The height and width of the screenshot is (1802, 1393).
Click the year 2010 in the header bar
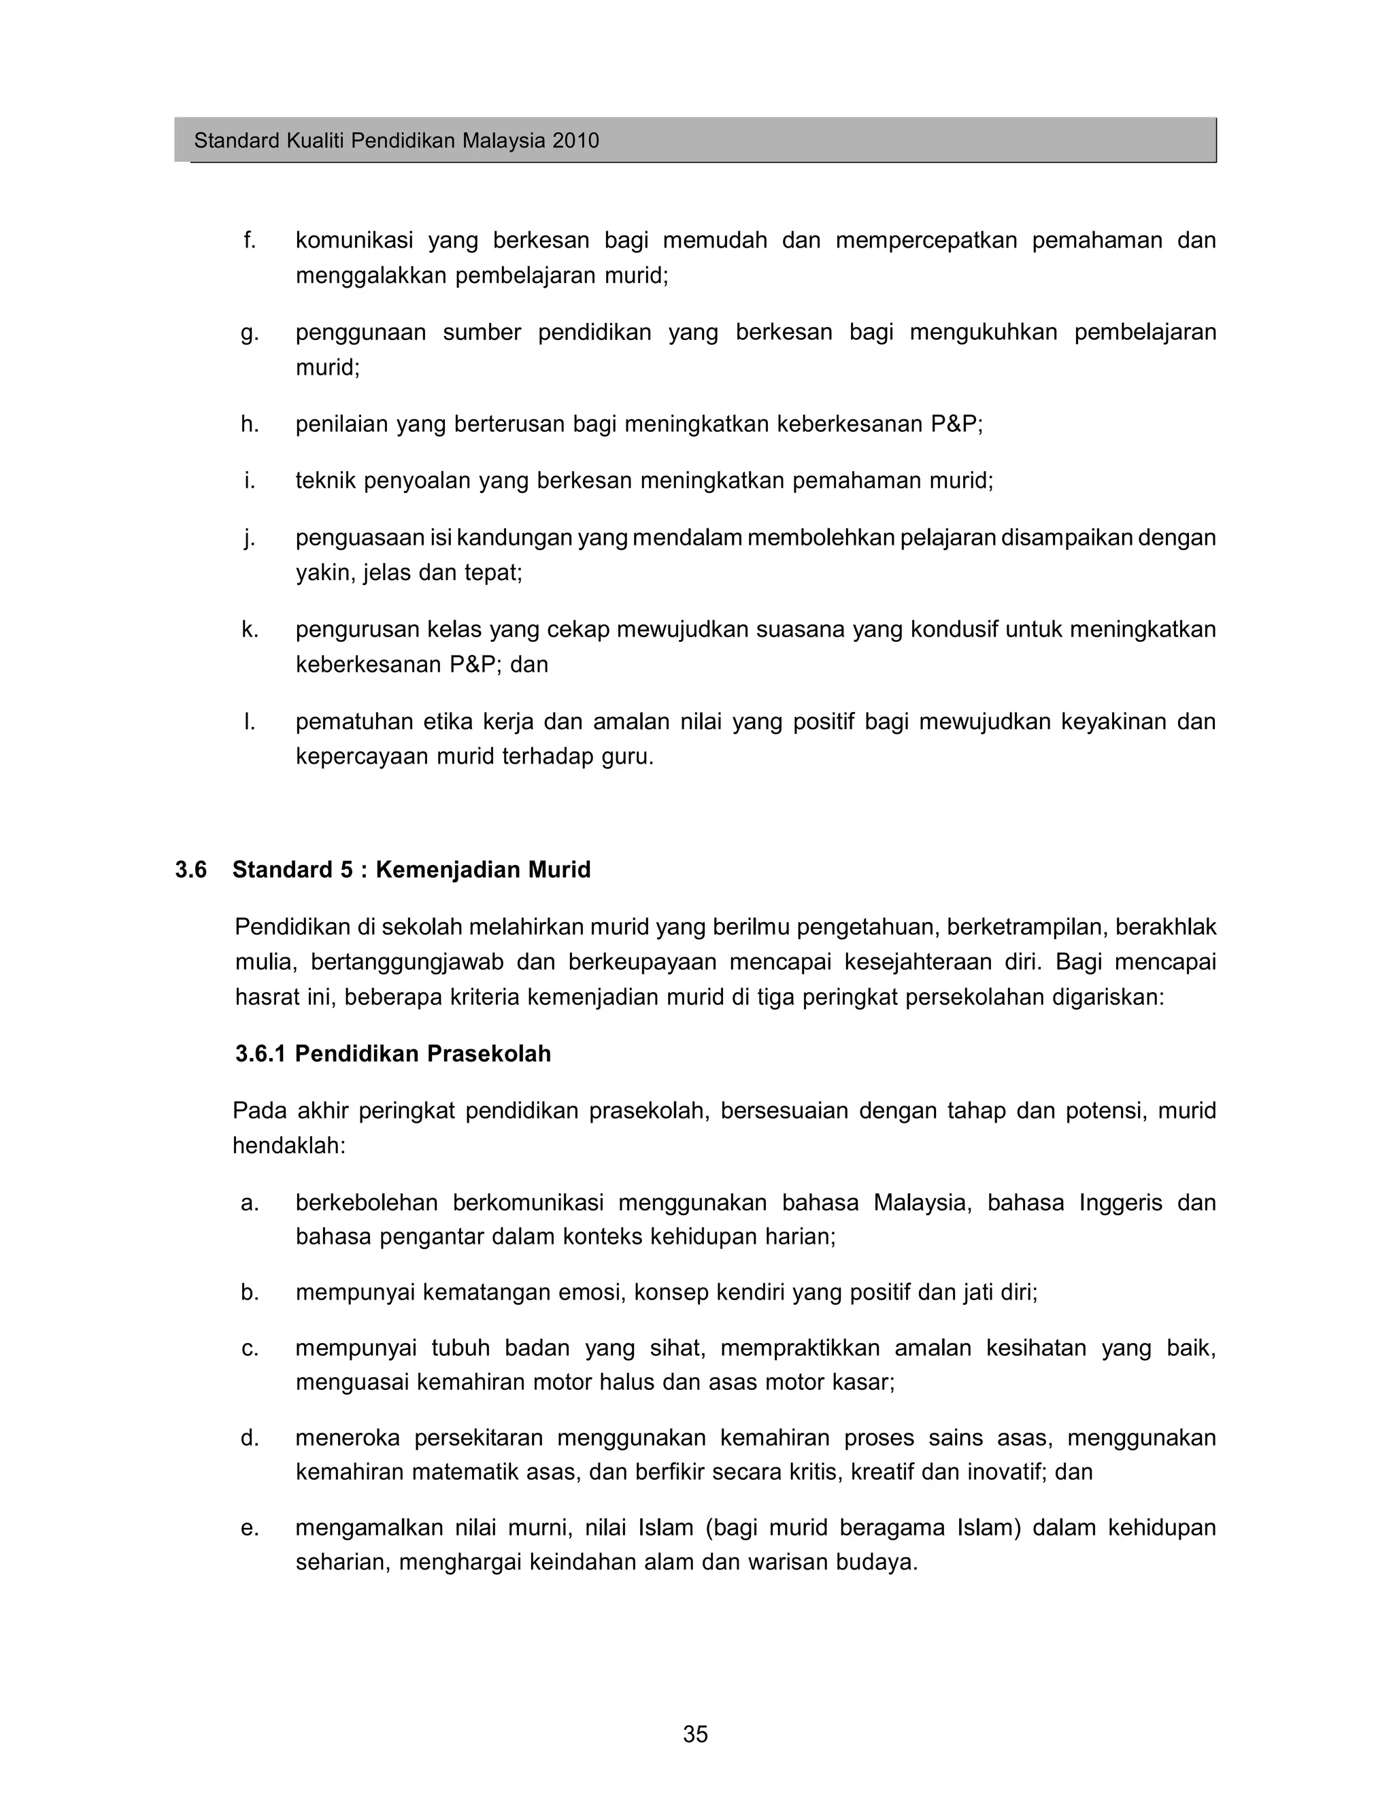pos(575,140)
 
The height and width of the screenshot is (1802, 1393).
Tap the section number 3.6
pos(190,870)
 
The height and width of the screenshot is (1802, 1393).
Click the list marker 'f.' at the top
pos(249,240)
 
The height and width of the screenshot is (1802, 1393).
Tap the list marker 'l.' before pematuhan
pos(249,722)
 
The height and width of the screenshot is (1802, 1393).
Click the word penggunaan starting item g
pos(360,333)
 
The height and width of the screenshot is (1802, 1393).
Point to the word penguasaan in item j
pos(360,538)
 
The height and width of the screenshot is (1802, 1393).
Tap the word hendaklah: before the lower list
pos(289,1146)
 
